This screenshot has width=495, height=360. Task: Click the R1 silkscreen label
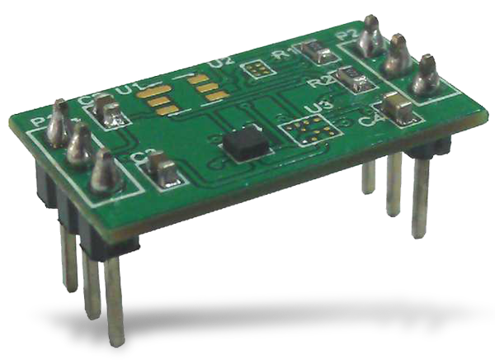[x=289, y=55]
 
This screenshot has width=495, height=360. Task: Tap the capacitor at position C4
[x=395, y=106]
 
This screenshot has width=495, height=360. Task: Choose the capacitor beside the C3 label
[x=163, y=170]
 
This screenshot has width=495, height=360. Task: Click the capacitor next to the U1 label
[x=106, y=111]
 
